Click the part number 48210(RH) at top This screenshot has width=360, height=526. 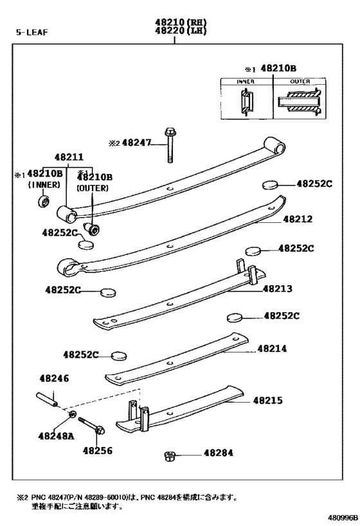[174, 21]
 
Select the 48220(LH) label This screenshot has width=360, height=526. [174, 30]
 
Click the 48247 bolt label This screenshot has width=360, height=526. [136, 144]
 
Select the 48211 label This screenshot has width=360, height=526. [68, 156]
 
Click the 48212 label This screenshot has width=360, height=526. [298, 219]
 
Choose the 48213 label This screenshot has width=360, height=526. [278, 288]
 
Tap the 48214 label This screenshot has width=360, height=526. [272, 349]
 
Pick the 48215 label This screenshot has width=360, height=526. [267, 400]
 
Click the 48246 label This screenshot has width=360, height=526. [53, 379]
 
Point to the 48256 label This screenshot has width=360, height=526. [97, 450]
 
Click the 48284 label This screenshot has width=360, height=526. [219, 453]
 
